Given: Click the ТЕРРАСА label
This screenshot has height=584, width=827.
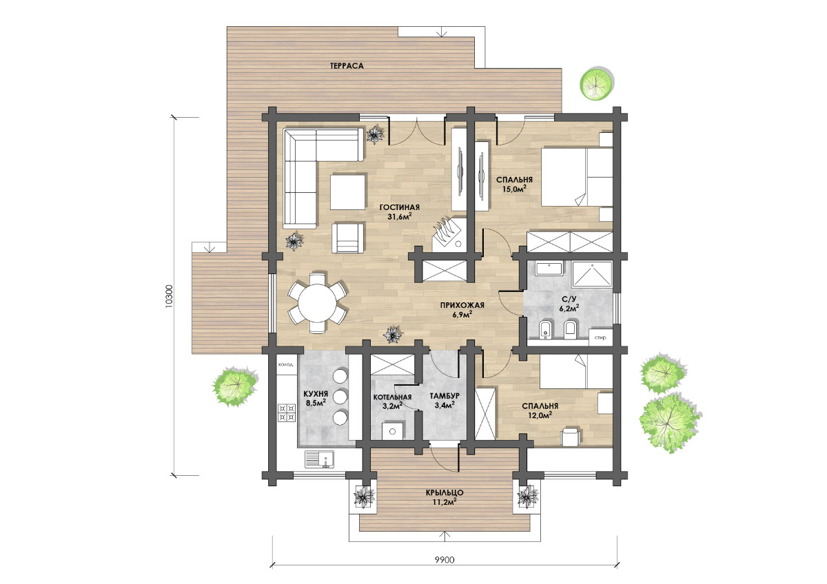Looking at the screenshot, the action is (347, 66).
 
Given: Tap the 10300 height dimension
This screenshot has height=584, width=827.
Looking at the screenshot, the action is (170, 296).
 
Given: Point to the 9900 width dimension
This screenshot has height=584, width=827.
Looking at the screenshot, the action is (445, 560).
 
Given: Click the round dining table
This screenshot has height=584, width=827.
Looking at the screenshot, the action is (317, 303).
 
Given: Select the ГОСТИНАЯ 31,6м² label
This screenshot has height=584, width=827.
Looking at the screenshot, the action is (400, 212).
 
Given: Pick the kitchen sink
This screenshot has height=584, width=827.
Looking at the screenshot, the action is (319, 459).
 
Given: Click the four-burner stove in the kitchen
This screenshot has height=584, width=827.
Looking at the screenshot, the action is (287, 413).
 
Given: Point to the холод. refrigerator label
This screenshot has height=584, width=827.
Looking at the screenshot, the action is (285, 364).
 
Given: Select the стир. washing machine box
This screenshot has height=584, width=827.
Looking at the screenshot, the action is (601, 337).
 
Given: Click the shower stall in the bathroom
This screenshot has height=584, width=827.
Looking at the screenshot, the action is (592, 274).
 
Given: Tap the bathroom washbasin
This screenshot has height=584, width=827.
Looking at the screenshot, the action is (549, 268).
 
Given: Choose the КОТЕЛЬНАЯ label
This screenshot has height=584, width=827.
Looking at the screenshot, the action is (392, 397).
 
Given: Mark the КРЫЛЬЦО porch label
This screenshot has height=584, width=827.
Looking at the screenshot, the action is (445, 493).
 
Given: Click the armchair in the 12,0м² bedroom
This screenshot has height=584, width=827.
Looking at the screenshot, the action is (571, 437).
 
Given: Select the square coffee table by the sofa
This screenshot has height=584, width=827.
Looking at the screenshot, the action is (348, 192).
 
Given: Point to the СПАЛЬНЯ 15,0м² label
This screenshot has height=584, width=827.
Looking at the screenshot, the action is (514, 185).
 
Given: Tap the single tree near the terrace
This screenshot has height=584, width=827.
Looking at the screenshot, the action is (596, 84).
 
